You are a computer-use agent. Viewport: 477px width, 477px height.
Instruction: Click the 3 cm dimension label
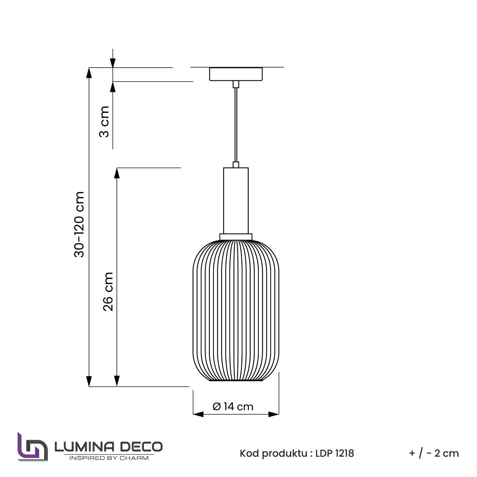[104, 121]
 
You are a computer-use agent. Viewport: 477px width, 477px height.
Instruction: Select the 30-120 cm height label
[79, 225]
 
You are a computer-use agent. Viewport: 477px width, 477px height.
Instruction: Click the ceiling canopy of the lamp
[236, 74]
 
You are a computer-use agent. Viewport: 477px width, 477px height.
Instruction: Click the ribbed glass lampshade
[236, 310]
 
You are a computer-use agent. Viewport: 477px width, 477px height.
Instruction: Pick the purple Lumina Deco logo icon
[32, 448]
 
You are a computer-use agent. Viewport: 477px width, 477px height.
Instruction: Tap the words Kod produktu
[273, 453]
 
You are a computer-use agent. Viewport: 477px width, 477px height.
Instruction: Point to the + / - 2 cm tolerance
[434, 453]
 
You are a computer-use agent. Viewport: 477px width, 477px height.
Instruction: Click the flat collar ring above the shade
[236, 237]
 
